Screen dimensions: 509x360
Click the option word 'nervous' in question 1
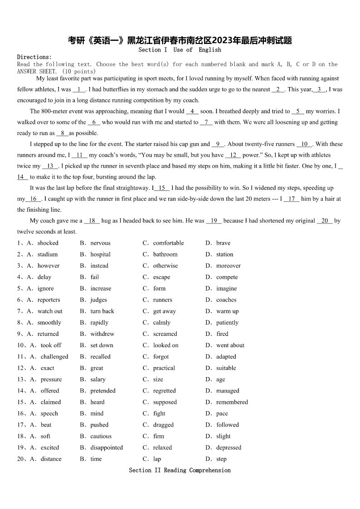pos(100,243)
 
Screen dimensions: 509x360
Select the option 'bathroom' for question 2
pos(165,254)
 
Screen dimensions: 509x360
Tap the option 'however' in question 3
pos(48,266)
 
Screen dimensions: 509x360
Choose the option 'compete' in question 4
pos(227,277)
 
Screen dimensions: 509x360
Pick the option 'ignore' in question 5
pos(45,288)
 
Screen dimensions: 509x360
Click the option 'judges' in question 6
pos(98,300)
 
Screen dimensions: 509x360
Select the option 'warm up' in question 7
pos(227,311)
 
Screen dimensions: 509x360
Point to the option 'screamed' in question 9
pos(165,334)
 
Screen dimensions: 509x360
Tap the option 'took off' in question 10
pos(51,345)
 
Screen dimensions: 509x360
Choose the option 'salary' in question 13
pos(97,379)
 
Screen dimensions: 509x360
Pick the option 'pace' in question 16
pos(222,413)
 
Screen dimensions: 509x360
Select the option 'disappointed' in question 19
pos(107,447)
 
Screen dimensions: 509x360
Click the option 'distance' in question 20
pos(51,459)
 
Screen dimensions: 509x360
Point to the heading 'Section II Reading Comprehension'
pos(180,470)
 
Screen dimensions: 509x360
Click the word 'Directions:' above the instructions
pos(34,57)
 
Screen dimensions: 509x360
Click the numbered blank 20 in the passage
pos(325,221)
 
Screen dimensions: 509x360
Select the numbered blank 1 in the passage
pos(79,90)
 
